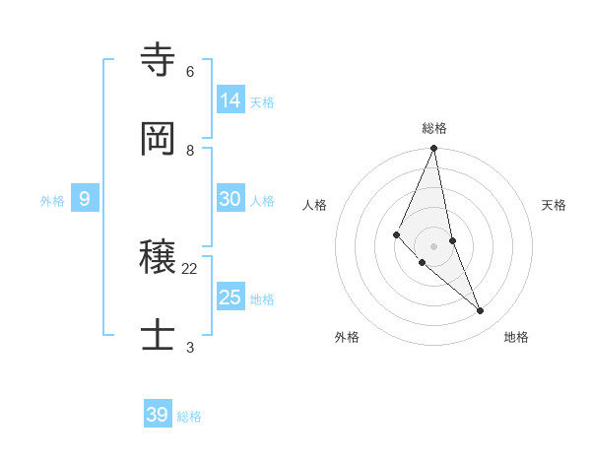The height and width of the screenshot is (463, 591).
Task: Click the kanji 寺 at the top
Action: [158, 61]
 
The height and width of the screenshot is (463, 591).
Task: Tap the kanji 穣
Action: [158, 258]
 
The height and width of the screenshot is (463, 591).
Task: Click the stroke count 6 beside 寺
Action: [190, 72]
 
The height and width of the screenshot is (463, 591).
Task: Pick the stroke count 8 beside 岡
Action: [190, 150]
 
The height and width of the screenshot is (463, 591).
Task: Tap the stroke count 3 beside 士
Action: [190, 347]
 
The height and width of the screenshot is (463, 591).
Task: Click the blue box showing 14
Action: [230, 100]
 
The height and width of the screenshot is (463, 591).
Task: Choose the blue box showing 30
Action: [230, 199]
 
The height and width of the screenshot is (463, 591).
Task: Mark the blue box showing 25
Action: [230, 298]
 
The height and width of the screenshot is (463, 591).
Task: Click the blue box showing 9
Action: [85, 199]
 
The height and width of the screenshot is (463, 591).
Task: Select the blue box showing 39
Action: [158, 415]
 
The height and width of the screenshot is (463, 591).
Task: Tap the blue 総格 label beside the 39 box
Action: [189, 417]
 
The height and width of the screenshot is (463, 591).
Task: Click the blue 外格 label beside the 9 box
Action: [52, 201]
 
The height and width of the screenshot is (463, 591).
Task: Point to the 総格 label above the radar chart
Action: [434, 128]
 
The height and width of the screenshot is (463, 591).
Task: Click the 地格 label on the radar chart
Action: [516, 337]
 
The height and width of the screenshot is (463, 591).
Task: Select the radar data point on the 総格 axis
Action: [434, 149]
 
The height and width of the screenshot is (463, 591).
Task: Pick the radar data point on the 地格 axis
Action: [481, 311]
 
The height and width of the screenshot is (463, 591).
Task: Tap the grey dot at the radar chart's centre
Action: [434, 246]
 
